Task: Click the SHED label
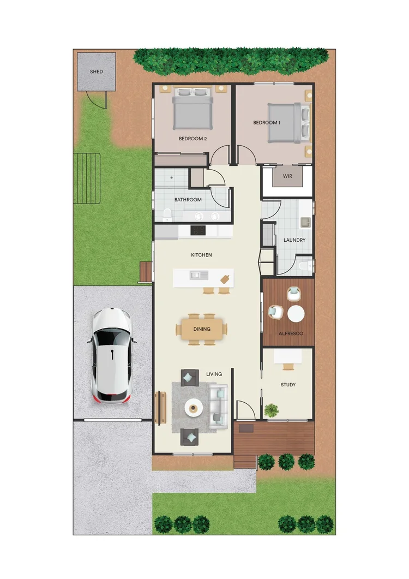point(96,71)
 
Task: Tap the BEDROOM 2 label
point(193,139)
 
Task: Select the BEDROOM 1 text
point(266,123)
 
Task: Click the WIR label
point(287,176)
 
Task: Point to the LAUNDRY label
point(294,240)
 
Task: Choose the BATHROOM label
point(188,200)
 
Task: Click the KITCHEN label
point(201,255)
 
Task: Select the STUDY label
point(288,385)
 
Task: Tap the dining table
point(201,329)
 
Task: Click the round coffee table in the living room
point(193,407)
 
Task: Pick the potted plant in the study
point(270,409)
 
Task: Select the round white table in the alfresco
point(296,314)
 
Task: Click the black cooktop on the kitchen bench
point(197,231)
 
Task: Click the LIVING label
point(214,374)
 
